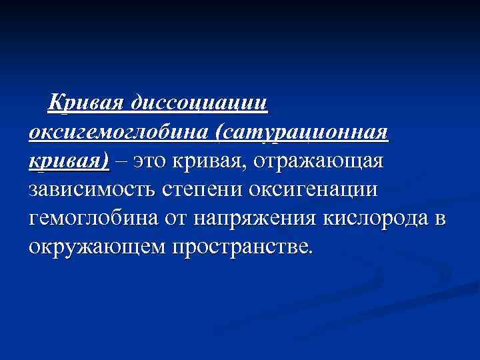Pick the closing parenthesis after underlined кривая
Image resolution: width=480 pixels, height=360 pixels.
pyautogui.click(x=105, y=161)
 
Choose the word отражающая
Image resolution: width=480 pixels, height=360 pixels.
pyautogui.click(x=318, y=161)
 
